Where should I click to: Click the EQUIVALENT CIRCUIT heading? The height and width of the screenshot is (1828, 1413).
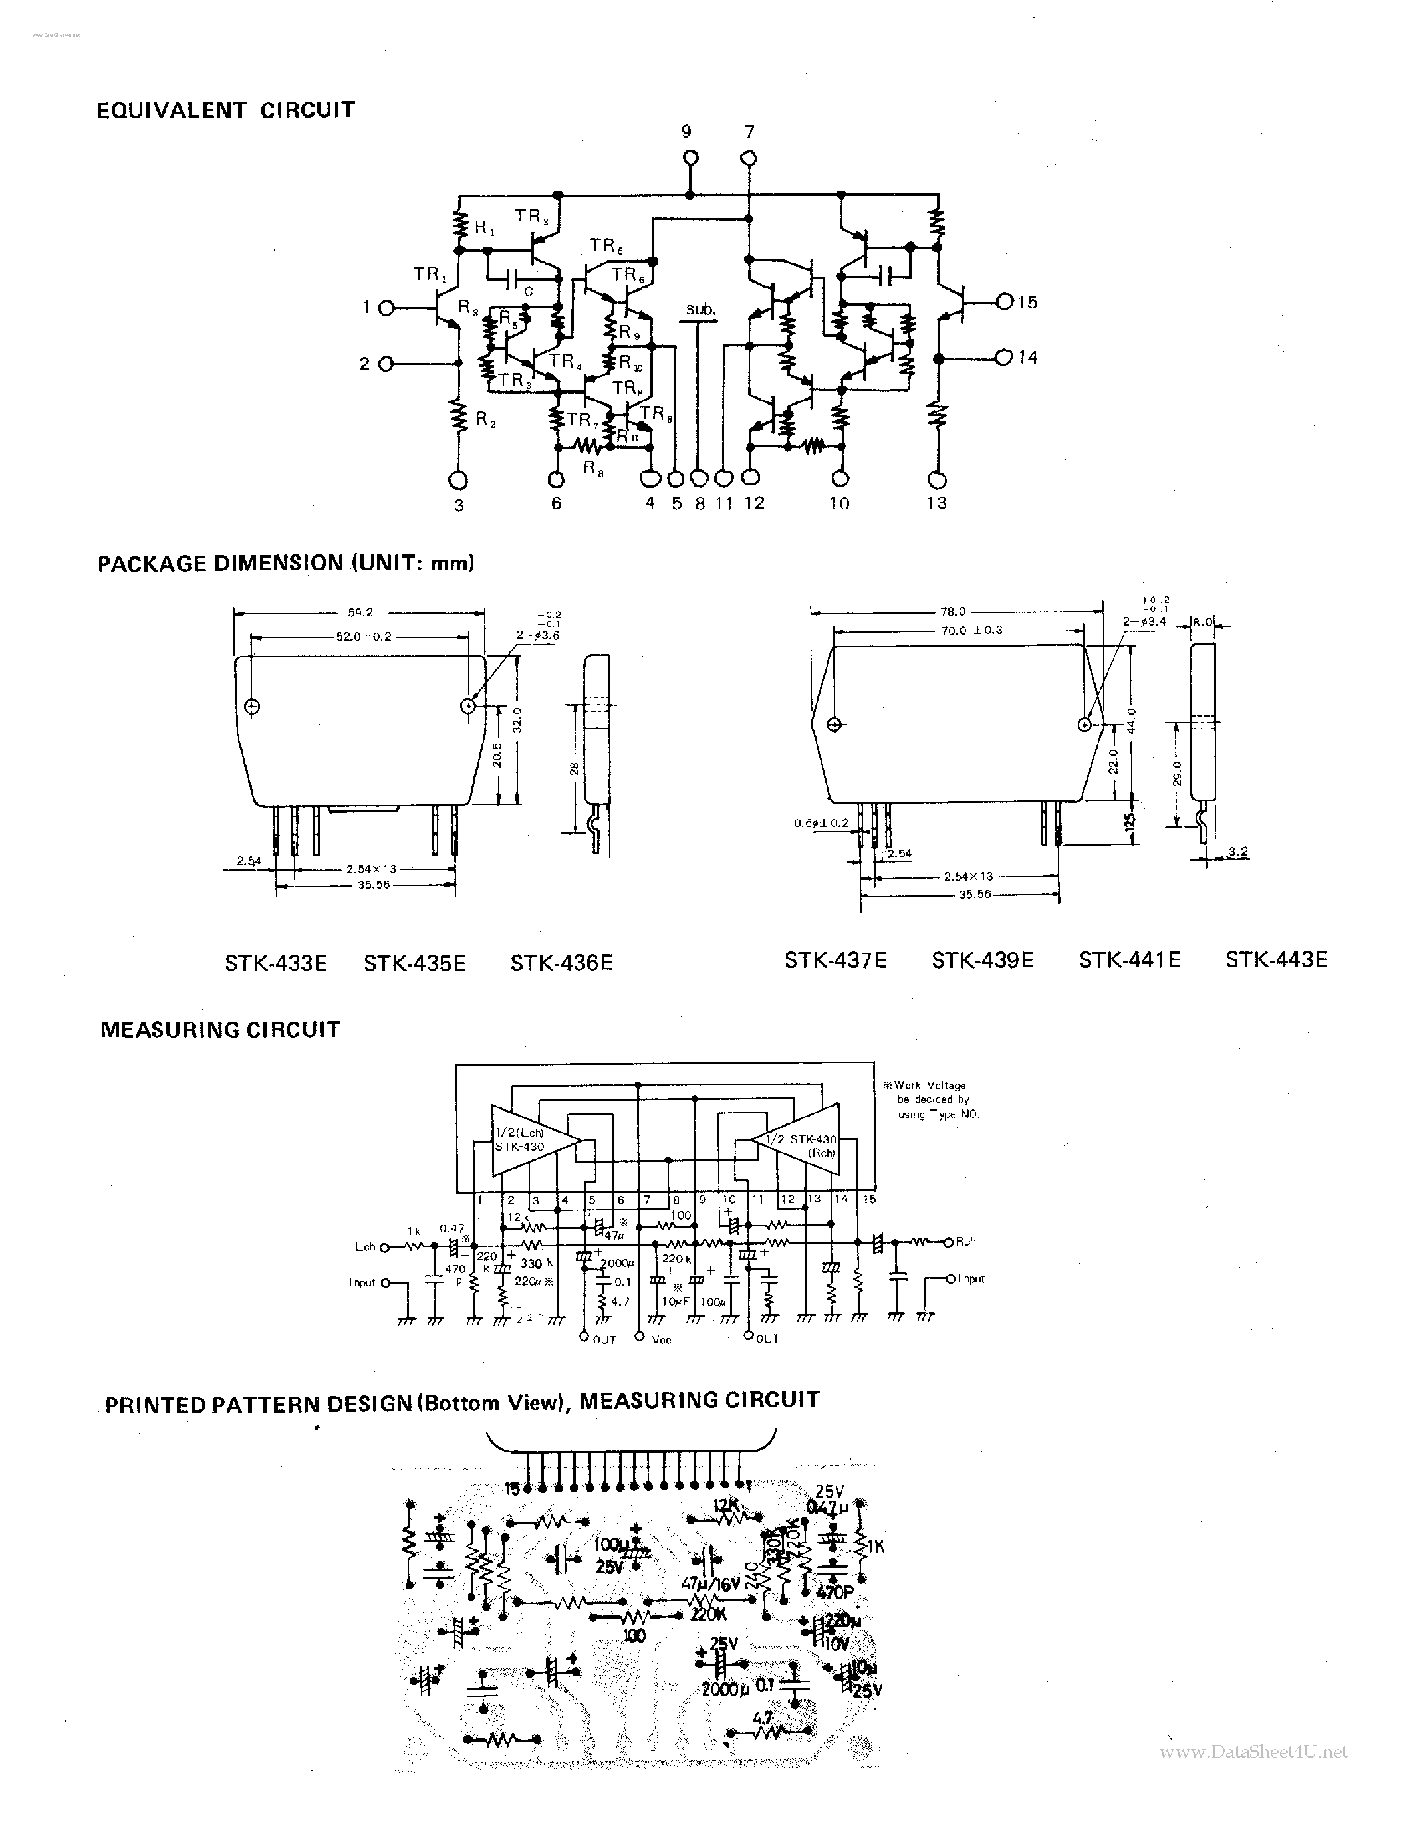point(225,110)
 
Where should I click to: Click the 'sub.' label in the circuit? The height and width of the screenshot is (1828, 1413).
point(701,310)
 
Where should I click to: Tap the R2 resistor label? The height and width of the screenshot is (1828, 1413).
point(485,421)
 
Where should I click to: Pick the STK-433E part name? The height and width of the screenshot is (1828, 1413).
point(275,963)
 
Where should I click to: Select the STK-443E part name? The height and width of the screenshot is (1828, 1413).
point(1276,959)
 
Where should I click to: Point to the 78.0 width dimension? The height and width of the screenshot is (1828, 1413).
point(954,611)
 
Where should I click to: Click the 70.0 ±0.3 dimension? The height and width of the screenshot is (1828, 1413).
point(971,629)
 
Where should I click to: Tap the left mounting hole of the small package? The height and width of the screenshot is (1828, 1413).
point(252,707)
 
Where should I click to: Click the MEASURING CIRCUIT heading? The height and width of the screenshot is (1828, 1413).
point(220,1030)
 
